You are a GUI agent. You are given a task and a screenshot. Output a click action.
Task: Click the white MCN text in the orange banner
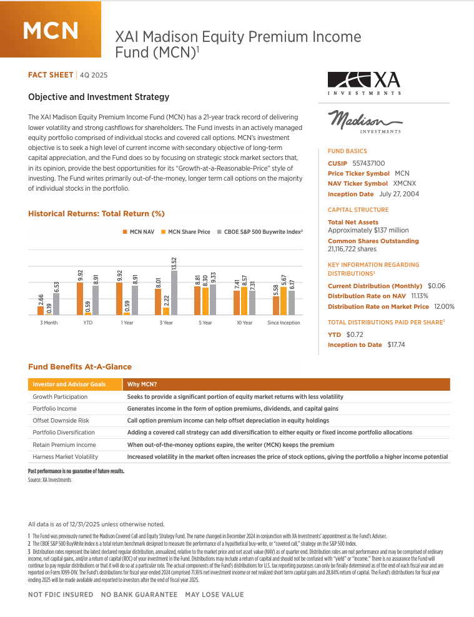(51, 29)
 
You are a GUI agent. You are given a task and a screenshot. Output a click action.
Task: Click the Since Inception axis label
(284, 323)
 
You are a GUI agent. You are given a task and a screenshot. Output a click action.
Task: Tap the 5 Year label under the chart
(205, 323)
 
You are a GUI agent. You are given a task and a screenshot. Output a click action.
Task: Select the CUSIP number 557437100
(368, 163)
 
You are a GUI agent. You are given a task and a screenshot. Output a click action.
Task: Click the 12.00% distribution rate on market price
(443, 306)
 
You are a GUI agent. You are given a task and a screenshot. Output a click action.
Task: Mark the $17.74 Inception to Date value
(396, 344)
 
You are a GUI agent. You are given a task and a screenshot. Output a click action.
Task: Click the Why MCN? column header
(142, 384)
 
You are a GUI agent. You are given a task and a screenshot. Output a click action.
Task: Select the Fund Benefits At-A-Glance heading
(80, 367)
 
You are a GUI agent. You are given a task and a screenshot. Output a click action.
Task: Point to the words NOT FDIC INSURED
(61, 594)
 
